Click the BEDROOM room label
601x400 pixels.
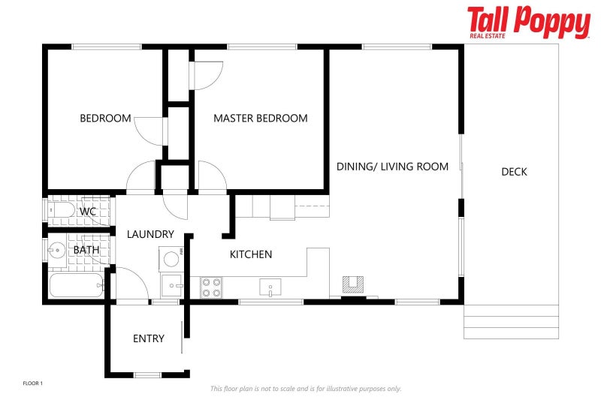point(105,119)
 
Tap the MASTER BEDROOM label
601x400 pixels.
point(261,119)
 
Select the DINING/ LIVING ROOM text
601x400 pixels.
point(392,167)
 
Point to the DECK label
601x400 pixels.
point(514,172)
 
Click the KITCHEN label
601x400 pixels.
point(251,254)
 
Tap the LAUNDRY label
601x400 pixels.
point(151,234)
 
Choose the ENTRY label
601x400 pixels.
point(149,338)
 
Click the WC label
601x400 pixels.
point(88,212)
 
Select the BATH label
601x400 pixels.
point(86,250)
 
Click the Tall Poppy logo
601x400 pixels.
point(529,23)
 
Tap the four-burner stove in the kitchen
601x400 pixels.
point(212,288)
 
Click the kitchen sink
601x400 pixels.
point(270,287)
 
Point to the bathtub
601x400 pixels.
point(77,285)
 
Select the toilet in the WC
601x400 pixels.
point(62,210)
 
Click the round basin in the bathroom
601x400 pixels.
point(57,251)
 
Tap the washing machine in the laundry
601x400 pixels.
point(171,259)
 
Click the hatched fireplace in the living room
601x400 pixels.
point(353,284)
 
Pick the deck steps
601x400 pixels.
point(511,322)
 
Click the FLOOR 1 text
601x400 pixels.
point(33,383)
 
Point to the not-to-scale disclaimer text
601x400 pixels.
point(306,389)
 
